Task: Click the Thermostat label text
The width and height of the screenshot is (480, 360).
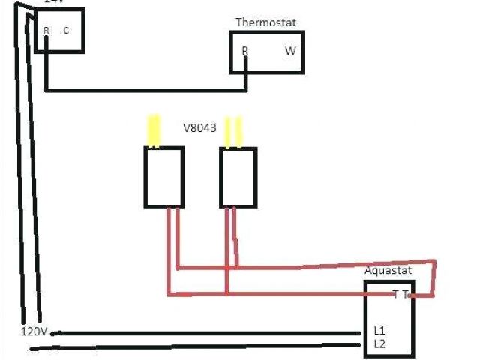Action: (x=265, y=22)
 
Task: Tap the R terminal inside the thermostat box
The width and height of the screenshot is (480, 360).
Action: (x=245, y=51)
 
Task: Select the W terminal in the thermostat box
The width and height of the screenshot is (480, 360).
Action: (x=290, y=51)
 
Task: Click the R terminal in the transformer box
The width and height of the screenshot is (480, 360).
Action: (x=46, y=31)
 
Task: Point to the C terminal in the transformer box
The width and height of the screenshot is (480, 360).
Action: (x=66, y=31)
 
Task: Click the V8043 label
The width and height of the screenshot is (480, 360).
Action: (x=199, y=128)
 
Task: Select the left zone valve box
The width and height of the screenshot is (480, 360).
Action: (x=163, y=177)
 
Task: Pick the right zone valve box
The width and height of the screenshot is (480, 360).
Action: (x=238, y=177)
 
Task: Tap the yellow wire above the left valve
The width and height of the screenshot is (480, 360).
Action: (x=153, y=130)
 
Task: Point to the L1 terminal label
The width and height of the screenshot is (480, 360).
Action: (x=379, y=330)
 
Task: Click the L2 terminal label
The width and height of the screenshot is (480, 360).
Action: (x=379, y=343)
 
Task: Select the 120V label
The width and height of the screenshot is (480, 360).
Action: (x=34, y=331)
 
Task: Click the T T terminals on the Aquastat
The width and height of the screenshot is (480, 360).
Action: (x=400, y=295)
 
